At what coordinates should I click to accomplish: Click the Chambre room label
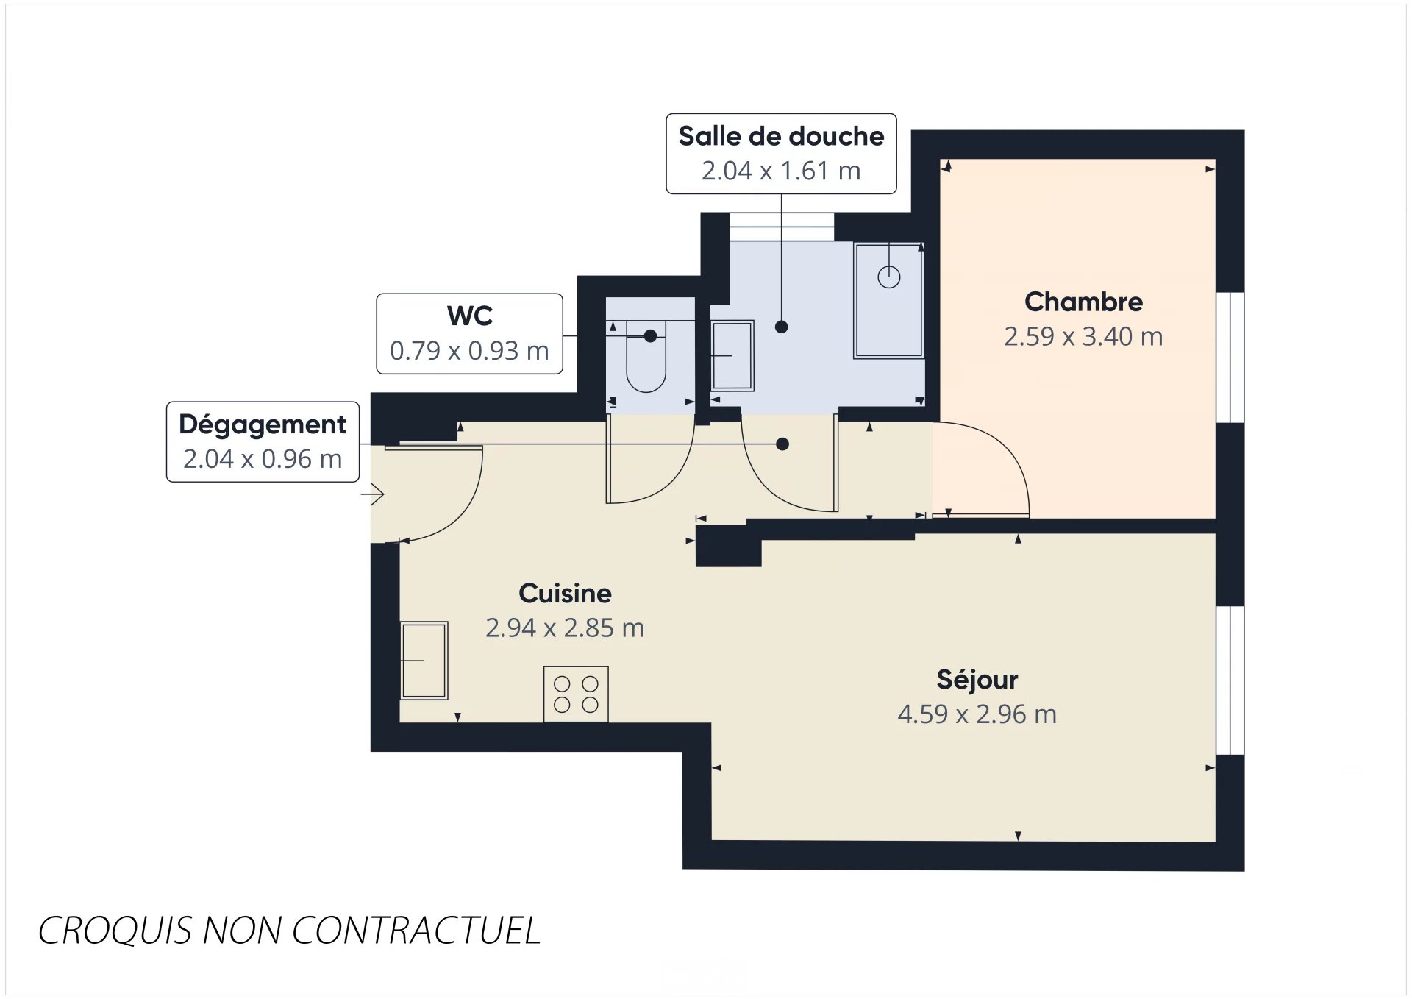[1083, 302]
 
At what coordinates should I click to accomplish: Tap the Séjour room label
[977, 680]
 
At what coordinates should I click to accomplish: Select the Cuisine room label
[565, 593]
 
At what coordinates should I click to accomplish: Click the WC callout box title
[470, 316]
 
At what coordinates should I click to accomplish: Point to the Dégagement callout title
[263, 424]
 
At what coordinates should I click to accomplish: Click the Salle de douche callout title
[781, 136]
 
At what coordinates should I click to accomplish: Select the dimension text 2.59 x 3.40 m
[1083, 337]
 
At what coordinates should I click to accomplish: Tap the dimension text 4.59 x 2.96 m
[977, 714]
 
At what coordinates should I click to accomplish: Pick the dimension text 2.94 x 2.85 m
[565, 628]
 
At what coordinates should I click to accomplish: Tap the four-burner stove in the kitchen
[576, 694]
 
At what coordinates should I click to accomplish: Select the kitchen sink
[424, 660]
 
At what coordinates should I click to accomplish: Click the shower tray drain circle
[889, 277]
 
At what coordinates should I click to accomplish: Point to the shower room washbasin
[732, 355]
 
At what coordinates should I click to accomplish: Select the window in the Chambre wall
[1230, 357]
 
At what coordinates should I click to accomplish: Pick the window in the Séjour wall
[1230, 680]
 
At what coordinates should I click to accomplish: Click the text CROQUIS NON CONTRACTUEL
[289, 931]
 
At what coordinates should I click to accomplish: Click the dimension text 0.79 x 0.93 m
[469, 351]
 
